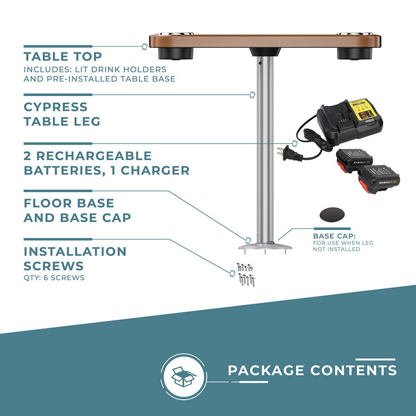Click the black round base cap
(332, 214)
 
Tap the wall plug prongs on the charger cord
(280, 151)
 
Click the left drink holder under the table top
(176, 53)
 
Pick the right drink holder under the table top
(354, 53)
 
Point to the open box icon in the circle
(183, 376)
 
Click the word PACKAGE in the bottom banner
(266, 370)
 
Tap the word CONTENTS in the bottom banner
(354, 370)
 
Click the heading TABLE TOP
(63, 57)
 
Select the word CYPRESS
(55, 107)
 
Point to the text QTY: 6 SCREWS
(54, 278)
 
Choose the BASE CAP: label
(334, 236)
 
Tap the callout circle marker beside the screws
(232, 273)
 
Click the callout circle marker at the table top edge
(145, 47)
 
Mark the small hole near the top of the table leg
(260, 63)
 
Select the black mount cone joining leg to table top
(265, 52)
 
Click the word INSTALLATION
(75, 252)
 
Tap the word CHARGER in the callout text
(155, 171)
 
